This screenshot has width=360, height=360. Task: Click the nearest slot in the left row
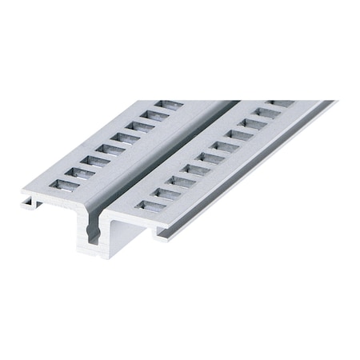(66, 185)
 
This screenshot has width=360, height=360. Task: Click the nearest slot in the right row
(150, 206)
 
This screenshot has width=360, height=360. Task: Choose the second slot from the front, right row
(166, 193)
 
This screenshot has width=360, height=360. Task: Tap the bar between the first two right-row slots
(158, 199)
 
